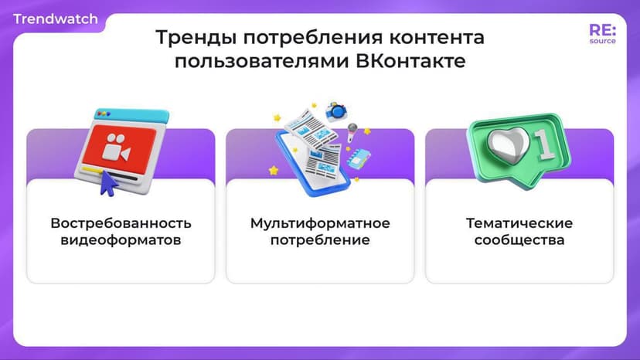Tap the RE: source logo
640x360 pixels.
click(x=602, y=34)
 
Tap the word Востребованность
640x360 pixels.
click(x=121, y=223)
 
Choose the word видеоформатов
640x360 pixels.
click(x=121, y=240)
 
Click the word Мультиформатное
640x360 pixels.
click(x=320, y=223)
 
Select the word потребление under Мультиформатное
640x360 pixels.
click(x=320, y=240)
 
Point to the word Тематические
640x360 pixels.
click(x=519, y=223)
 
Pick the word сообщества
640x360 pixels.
click(x=519, y=240)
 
